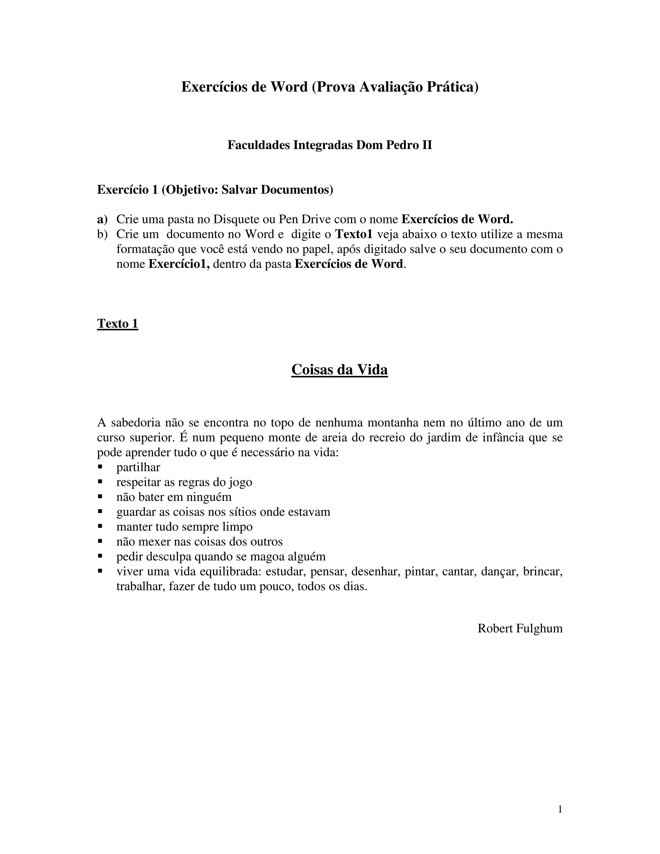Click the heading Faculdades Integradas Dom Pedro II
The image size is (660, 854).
330,145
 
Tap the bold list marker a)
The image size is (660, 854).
102,219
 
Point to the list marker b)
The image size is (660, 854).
102,234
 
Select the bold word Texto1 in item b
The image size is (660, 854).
354,234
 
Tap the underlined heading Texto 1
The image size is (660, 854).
117,324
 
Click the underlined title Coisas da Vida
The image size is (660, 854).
339,370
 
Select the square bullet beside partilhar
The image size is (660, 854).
100,467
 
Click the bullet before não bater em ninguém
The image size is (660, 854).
100,496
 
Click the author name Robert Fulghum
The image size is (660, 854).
520,628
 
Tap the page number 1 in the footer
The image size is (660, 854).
560,810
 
